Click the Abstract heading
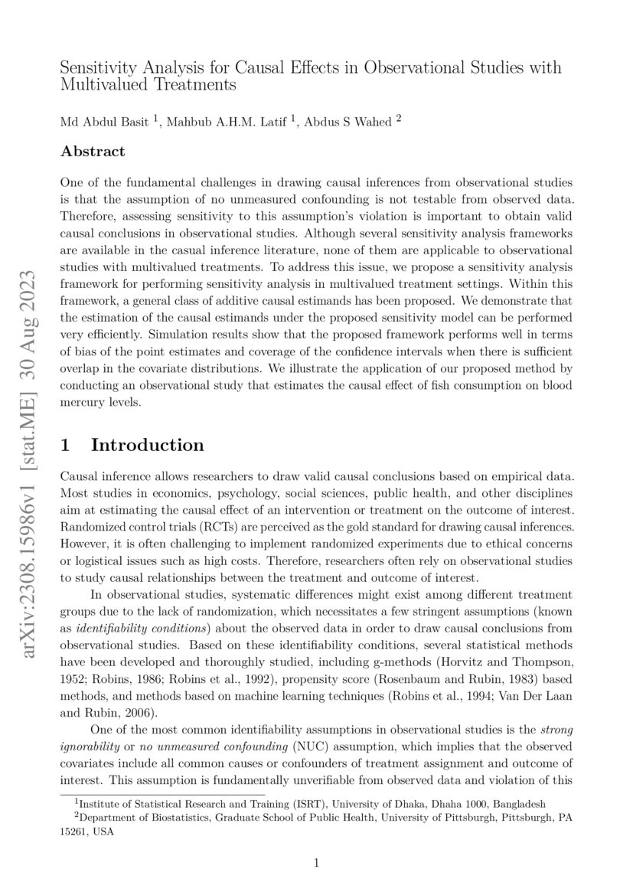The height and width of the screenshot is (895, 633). click(92, 152)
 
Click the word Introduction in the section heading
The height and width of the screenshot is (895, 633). click(147, 446)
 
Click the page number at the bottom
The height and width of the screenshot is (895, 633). click(316, 864)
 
